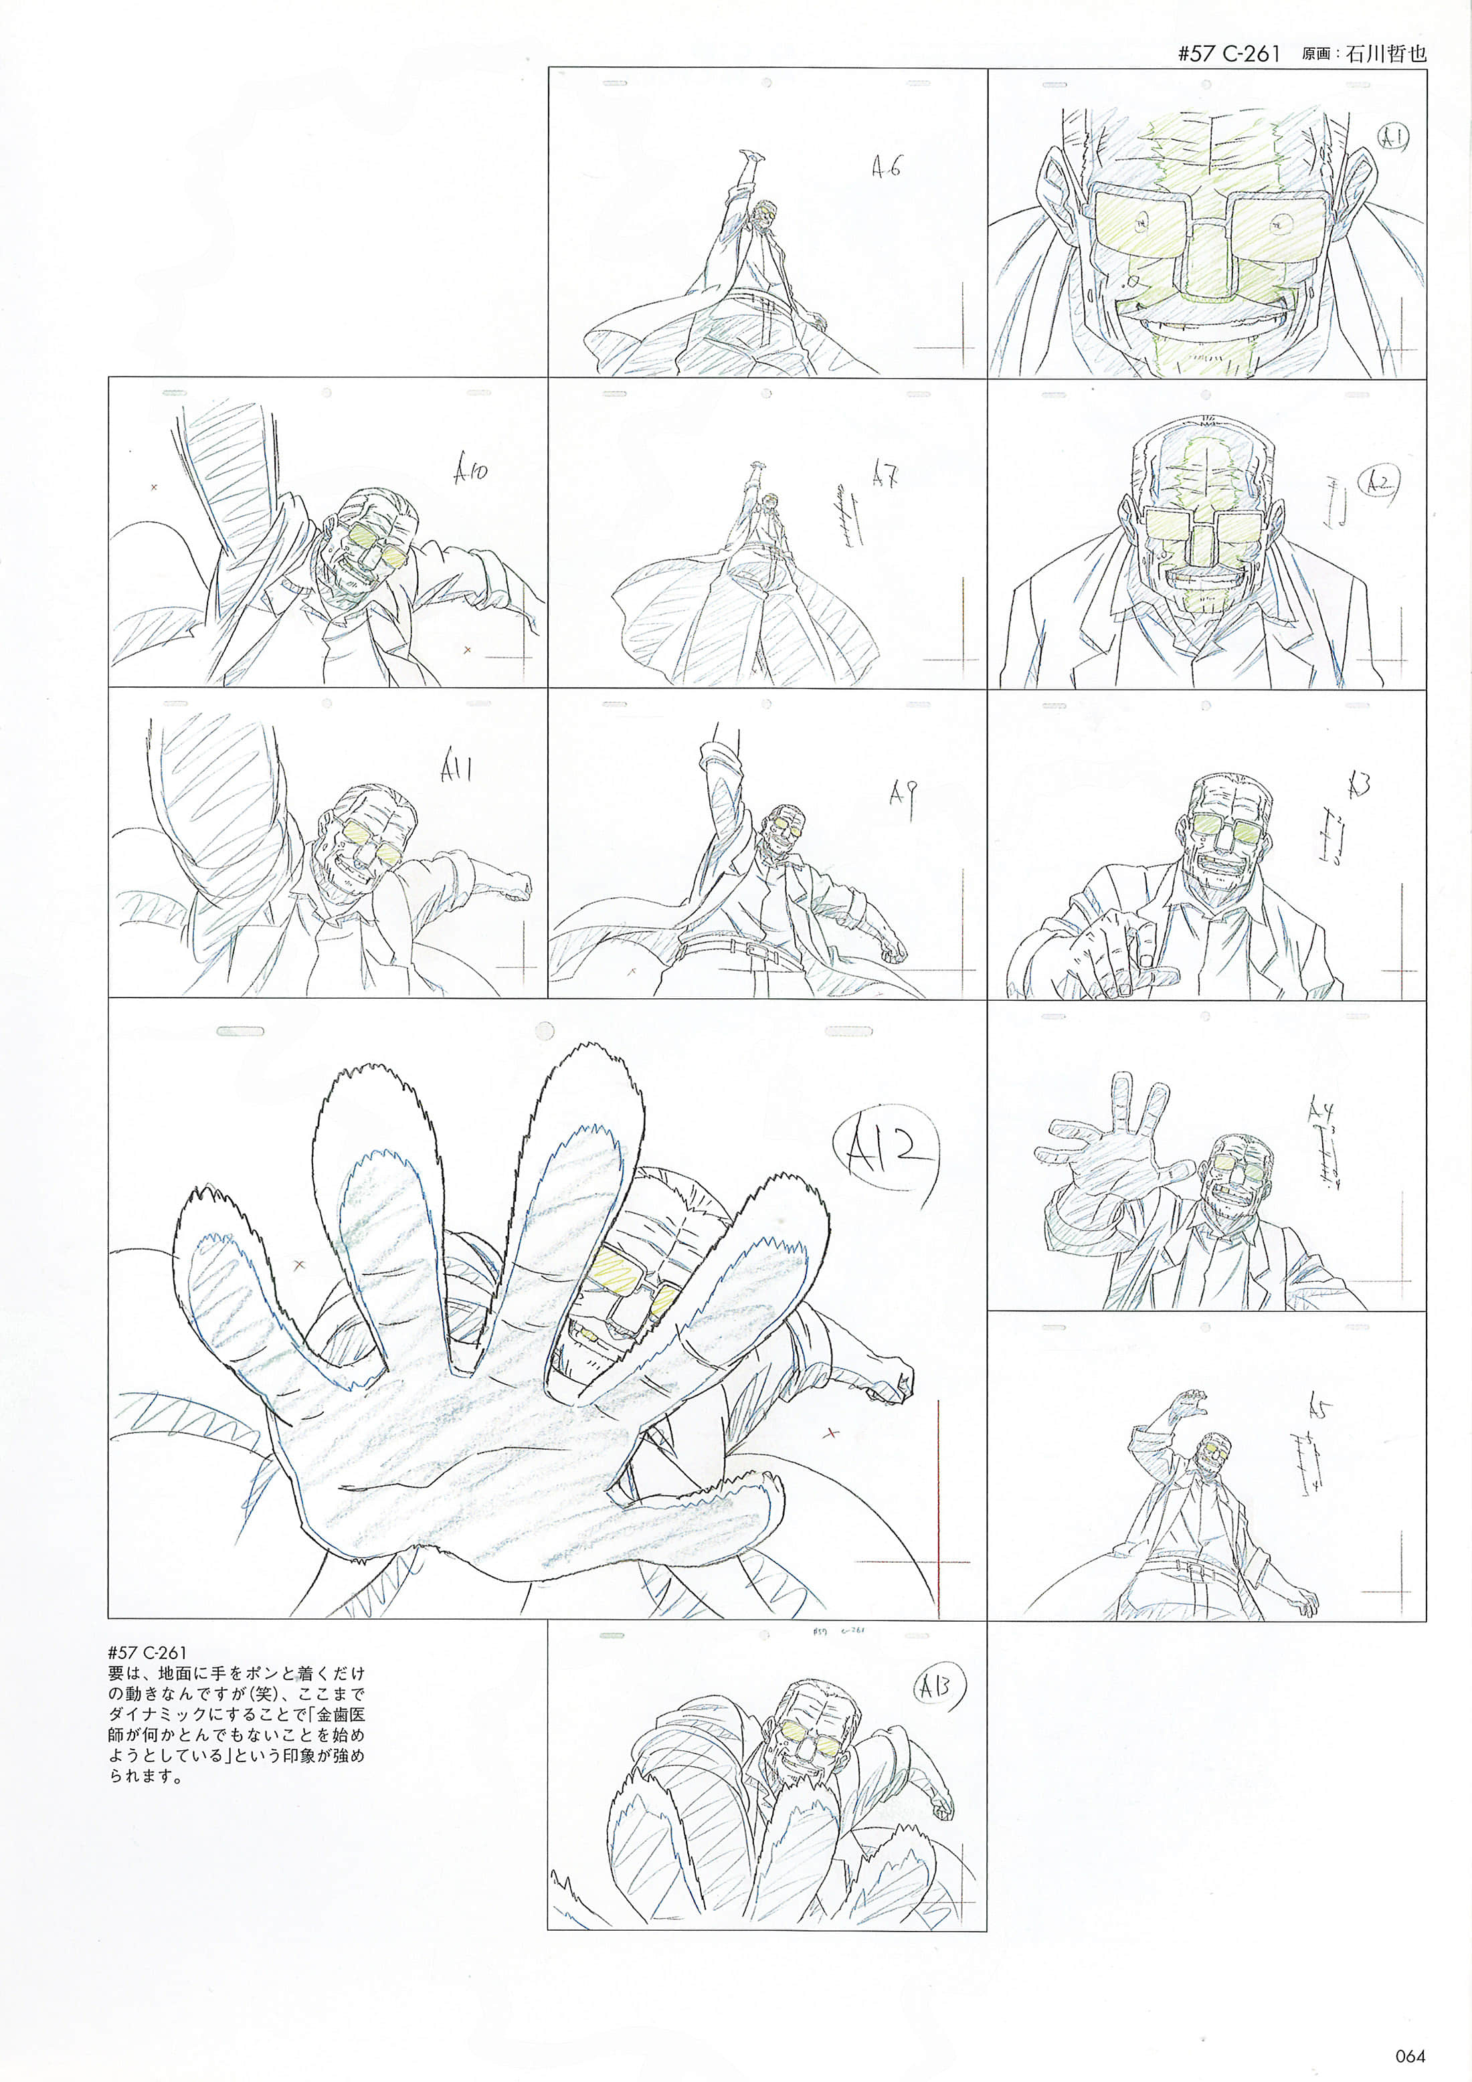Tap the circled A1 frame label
[x=1391, y=138]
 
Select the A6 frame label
[x=886, y=167]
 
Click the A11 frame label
[x=456, y=770]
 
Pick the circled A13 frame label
[x=936, y=1687]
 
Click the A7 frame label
[x=885, y=475]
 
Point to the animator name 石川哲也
[x=1386, y=54]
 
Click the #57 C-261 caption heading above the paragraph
[x=147, y=1652]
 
